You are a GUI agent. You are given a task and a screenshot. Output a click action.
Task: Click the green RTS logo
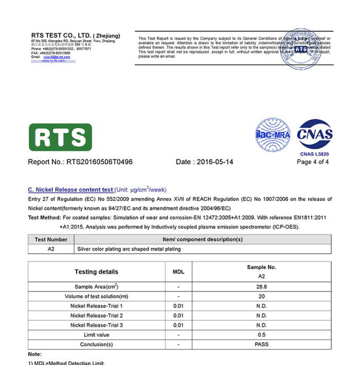[x=60, y=137]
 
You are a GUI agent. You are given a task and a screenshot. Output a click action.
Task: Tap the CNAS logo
[x=315, y=135]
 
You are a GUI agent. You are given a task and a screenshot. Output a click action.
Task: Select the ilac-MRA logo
[x=273, y=135]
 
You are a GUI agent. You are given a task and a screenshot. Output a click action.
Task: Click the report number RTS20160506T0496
[x=99, y=162]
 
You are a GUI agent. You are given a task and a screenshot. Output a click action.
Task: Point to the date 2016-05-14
[x=214, y=162]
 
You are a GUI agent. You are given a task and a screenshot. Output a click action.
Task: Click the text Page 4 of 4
[x=313, y=162]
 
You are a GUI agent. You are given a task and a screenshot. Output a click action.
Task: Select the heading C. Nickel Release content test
[x=70, y=189]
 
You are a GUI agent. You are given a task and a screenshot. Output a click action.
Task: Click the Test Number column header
[x=51, y=239]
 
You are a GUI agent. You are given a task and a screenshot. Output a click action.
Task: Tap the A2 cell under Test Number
[x=51, y=249]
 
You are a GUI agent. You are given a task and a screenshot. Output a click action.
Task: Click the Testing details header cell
[x=96, y=272]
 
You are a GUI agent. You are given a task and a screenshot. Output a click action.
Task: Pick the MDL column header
[x=178, y=272]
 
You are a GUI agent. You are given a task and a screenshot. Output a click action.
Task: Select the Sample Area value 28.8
[x=261, y=287]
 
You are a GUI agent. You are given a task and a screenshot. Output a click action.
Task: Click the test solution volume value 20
[x=261, y=297]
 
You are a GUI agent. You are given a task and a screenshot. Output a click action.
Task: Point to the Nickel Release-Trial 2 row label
[x=96, y=316]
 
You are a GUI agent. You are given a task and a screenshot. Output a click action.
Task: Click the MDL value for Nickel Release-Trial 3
[x=178, y=325]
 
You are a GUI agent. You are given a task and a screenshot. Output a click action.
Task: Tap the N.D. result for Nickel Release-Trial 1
[x=261, y=306]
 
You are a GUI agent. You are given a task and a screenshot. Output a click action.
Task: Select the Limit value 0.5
[x=261, y=335]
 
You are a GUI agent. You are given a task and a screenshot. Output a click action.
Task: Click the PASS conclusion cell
[x=261, y=344]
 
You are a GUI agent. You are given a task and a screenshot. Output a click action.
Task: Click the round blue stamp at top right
[x=301, y=49]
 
